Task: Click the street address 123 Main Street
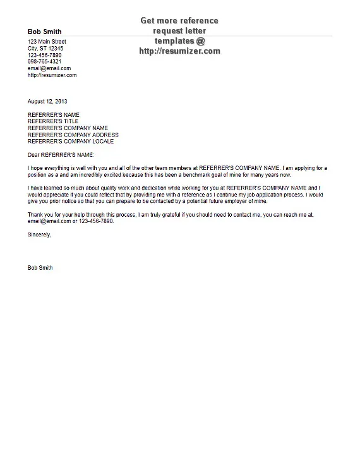47,42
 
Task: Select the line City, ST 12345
45,49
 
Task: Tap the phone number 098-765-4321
45,62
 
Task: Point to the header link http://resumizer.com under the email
52,75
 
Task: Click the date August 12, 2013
47,101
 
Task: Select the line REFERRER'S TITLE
53,121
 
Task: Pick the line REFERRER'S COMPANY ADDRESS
73,135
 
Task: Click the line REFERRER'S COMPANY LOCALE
71,142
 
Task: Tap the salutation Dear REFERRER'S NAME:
64,154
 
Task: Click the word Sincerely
39,234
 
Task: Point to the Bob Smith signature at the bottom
40,268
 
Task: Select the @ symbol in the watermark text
200,41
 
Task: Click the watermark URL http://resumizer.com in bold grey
179,51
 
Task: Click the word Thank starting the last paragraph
36,215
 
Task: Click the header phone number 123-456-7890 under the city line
45,55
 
